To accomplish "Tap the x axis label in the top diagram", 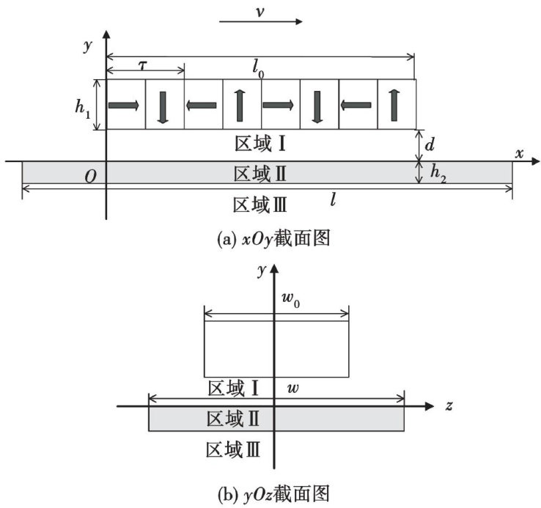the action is (519, 153).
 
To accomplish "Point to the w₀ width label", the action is (291, 301).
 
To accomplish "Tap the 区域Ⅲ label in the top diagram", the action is (259, 203).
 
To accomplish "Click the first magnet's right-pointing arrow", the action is (124, 106).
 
